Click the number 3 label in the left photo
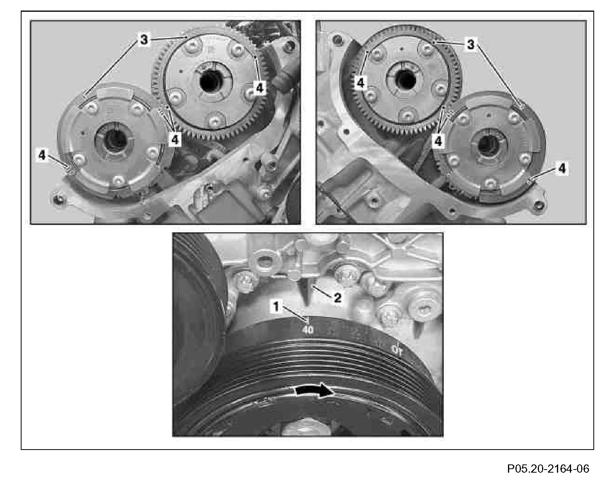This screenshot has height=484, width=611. (144, 40)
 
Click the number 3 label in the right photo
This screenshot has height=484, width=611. (471, 45)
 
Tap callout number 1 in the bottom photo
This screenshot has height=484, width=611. (276, 306)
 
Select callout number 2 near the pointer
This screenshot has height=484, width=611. (337, 298)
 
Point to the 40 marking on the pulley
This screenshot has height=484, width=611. (308, 330)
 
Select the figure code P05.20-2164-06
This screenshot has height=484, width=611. (548, 468)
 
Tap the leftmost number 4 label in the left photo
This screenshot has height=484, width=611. (42, 155)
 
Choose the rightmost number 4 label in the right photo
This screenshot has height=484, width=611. (562, 169)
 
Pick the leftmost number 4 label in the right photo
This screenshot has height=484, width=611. (361, 83)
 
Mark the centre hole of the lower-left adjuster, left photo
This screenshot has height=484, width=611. (115, 141)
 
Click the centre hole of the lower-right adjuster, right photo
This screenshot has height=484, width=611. (486, 146)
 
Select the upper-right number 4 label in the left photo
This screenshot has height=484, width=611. (260, 88)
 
